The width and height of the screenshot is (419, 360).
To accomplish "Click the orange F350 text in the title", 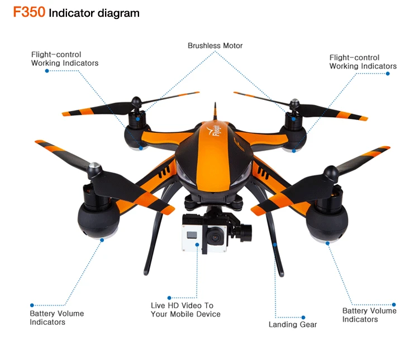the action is click(x=29, y=12).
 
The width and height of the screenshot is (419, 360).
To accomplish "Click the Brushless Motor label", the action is click(x=215, y=45).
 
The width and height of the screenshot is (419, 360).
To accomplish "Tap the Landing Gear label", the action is click(x=292, y=324).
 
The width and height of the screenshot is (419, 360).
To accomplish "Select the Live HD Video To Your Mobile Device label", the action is click(x=185, y=310).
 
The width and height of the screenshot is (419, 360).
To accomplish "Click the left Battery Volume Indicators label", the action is click(x=56, y=318).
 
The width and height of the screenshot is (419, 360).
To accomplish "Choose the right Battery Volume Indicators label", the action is click(x=369, y=315).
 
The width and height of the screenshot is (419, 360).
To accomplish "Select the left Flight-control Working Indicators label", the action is click(x=64, y=59).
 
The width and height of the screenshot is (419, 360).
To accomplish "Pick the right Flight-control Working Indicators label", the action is click(x=363, y=61).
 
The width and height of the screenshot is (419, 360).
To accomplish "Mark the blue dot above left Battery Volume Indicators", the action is click(x=32, y=305).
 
